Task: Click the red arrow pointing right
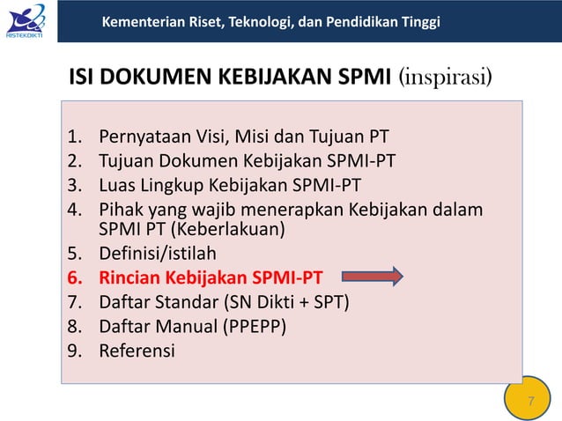(372, 278)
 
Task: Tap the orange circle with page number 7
(530, 402)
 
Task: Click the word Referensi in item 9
(137, 350)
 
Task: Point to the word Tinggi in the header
(418, 21)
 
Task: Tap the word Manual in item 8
(181, 326)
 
